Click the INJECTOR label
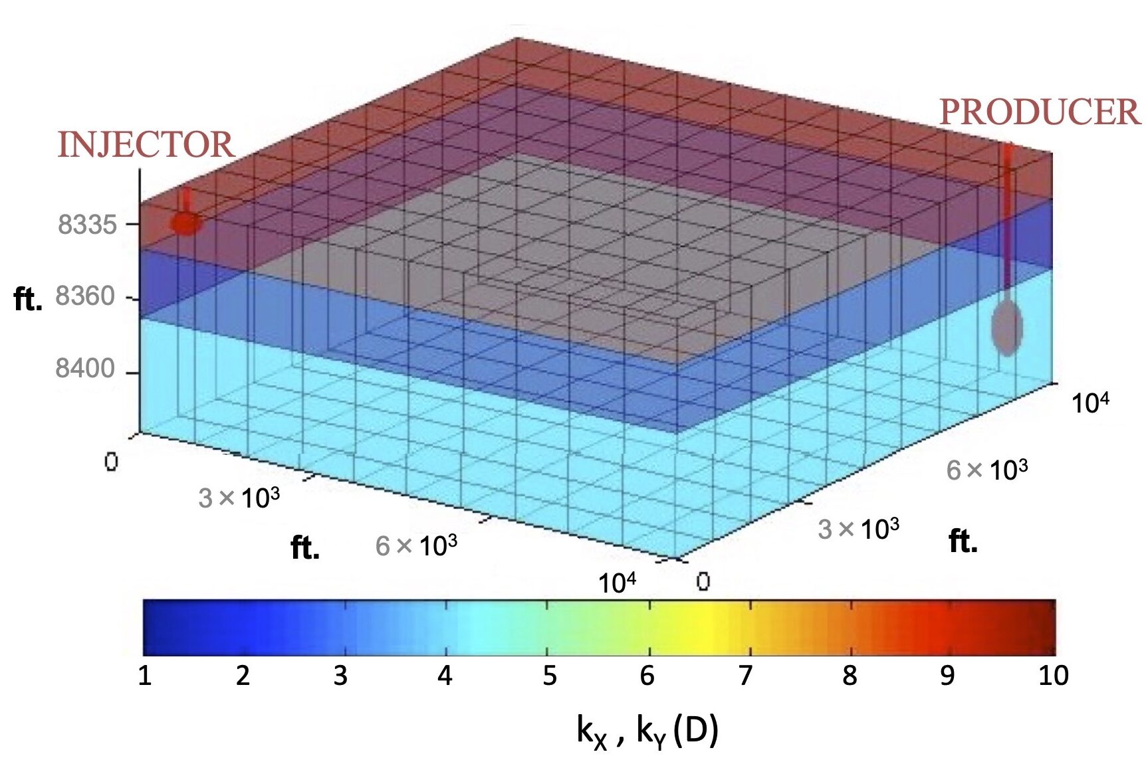146,145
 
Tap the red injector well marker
185,223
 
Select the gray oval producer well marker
1006,326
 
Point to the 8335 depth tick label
87,225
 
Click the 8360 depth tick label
85,296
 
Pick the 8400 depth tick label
85,368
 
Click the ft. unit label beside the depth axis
28,300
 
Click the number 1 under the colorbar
145,676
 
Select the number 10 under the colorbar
1053,676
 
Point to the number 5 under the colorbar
549,676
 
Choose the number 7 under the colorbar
746,676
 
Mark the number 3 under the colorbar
340,676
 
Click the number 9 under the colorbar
947,676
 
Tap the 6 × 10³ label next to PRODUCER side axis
986,470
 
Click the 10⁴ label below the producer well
1090,403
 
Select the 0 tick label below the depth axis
111,462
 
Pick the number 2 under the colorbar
243,676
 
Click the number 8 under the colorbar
849,676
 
